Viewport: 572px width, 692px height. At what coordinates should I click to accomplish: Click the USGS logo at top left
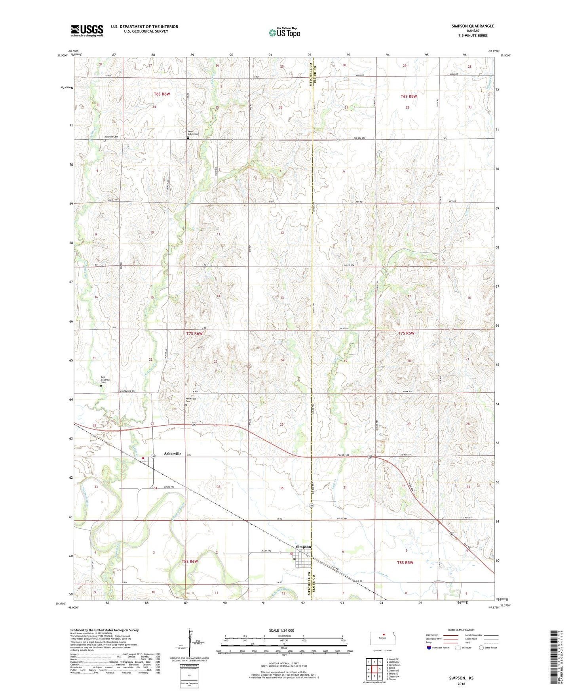pos(87,31)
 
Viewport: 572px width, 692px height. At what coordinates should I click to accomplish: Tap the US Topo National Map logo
pos(284,32)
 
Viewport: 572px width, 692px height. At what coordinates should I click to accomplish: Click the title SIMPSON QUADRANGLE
pos(473,26)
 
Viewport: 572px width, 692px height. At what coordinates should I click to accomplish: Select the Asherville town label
pos(173,453)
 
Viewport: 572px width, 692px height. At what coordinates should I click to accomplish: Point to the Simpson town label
pos(304,547)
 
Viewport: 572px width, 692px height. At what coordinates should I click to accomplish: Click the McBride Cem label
pos(111,137)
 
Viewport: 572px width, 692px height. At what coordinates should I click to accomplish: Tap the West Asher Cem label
pos(193,133)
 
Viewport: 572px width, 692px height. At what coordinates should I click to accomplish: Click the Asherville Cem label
pos(191,400)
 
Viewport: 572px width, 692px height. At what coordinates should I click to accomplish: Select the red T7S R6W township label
pos(194,334)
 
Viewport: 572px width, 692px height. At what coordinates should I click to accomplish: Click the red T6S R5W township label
pos(409,96)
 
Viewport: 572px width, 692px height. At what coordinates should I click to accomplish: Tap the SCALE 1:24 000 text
pos(281,630)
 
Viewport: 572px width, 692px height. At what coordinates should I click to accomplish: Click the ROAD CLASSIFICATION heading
pos(461,630)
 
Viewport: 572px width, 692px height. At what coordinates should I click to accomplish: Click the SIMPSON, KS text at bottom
pos(461,678)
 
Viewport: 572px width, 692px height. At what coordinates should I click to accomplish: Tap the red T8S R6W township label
pos(190,562)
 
